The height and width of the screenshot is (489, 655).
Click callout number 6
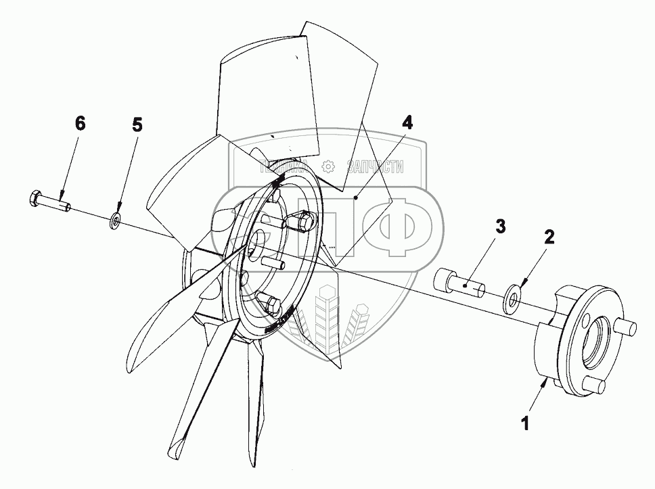[80, 123]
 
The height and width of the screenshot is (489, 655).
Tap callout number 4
[406, 123]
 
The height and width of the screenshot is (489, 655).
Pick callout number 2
[549, 236]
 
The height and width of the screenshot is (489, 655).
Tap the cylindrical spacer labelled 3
[460, 283]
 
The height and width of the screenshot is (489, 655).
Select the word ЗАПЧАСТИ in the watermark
[375, 166]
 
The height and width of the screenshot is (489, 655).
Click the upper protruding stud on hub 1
[627, 329]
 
